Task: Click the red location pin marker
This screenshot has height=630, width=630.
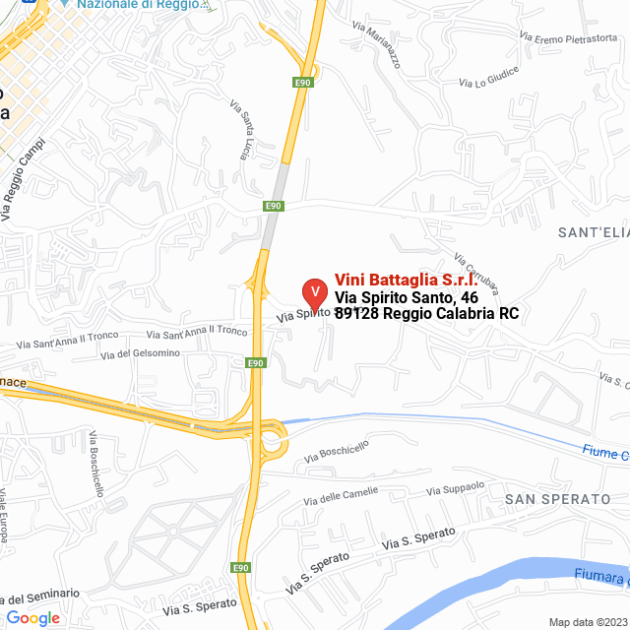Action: pos(314,292)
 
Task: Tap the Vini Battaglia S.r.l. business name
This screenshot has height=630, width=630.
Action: pos(406,280)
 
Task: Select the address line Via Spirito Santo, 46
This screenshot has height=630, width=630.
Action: pos(407,297)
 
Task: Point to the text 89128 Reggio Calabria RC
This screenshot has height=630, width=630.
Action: pos(426,314)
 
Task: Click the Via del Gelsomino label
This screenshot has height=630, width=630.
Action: pos(141,353)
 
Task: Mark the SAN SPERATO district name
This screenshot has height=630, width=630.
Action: pos(557,499)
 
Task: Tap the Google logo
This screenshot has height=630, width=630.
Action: pos(33,618)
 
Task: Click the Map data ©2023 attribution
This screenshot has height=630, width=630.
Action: pos(587,622)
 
